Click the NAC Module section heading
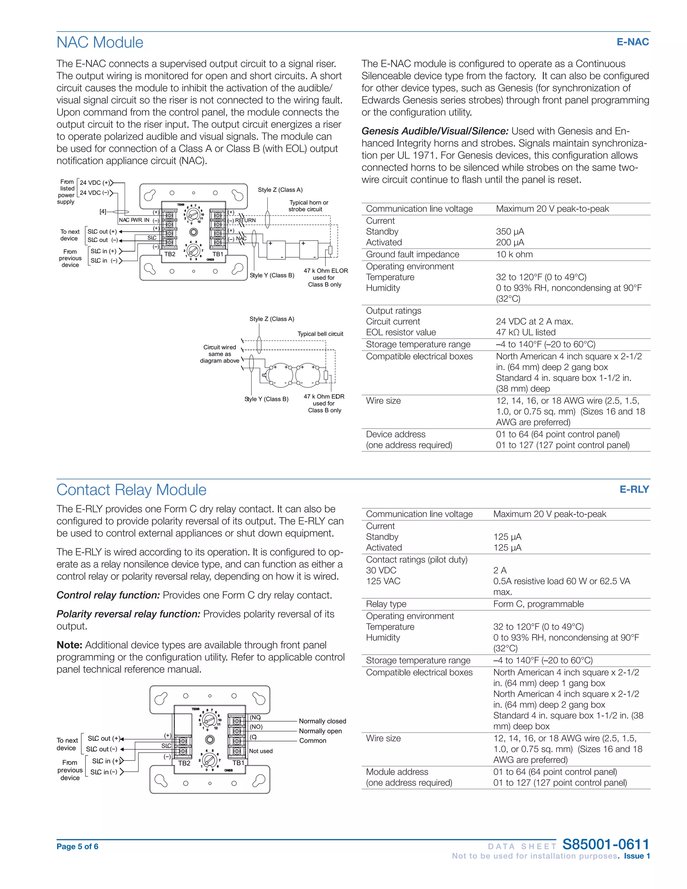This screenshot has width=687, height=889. tap(100, 42)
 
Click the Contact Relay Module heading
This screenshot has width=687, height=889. tap(131, 490)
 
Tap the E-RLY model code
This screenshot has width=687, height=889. tap(634, 489)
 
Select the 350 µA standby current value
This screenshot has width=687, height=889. tap(510, 231)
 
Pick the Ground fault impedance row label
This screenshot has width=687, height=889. tap(412, 254)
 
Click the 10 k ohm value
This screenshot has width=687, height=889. tap(514, 254)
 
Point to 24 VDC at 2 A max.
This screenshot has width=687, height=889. tap(534, 322)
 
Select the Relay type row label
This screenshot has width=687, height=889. tap(386, 604)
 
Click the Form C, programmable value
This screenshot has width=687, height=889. tap(538, 604)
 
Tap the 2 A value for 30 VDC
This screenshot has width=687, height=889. tap(500, 570)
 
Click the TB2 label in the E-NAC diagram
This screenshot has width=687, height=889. tap(170, 254)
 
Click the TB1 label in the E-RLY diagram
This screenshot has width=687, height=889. tap(238, 763)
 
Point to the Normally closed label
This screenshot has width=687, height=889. tap(322, 721)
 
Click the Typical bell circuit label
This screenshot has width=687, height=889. tap(320, 334)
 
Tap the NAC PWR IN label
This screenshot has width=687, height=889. tap(134, 220)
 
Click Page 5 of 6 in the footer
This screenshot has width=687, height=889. tap(77, 847)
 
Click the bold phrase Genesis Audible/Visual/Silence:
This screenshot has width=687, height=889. tap(435, 131)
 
